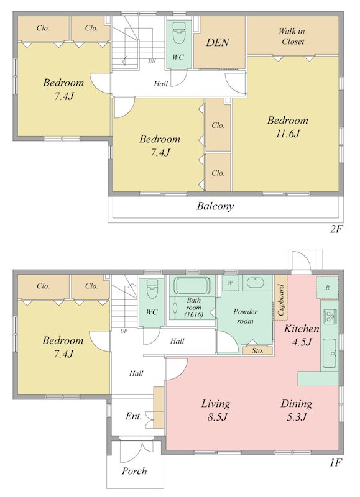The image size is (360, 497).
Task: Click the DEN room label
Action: [218, 42]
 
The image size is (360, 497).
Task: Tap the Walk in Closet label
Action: [292, 36]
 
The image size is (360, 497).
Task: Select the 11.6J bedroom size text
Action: [288, 134]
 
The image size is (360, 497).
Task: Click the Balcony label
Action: [215, 206]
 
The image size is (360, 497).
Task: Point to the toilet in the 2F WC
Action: [178, 33]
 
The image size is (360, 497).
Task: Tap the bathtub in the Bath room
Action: [193, 286]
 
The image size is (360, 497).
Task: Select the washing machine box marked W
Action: [231, 283]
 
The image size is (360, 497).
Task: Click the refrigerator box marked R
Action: [327, 288]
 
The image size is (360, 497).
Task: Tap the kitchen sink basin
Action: [330, 353]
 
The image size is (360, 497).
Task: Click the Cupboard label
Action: [281, 300]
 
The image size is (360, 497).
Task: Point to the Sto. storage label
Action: [257, 350]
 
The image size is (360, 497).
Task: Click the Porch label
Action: [134, 471]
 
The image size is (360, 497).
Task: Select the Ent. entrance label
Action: [134, 416]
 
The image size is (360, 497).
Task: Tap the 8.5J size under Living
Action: [217, 417]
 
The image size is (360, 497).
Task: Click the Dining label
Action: [297, 403]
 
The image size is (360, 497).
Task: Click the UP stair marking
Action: [124, 331]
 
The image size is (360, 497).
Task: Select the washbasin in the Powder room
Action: [256, 283]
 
